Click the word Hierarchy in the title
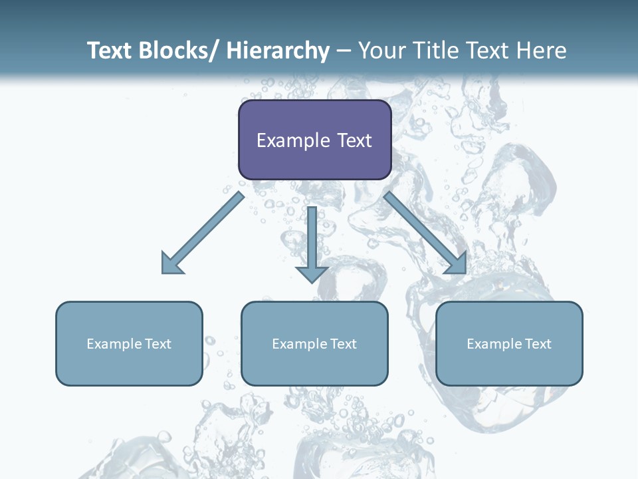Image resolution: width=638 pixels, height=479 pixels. click(x=278, y=51)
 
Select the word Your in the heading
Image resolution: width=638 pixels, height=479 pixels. click(x=384, y=51)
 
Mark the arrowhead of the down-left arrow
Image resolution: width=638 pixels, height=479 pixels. click(x=171, y=263)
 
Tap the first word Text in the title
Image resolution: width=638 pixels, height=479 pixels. click(x=110, y=51)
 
